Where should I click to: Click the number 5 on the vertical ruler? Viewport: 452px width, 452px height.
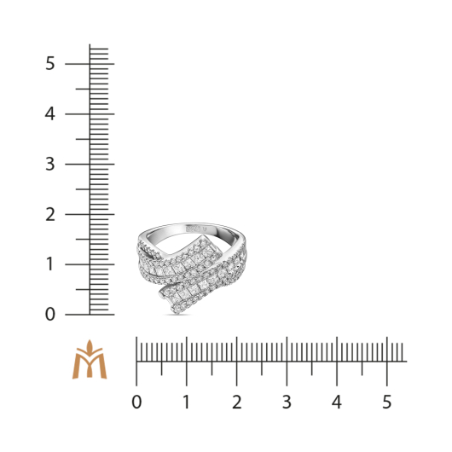(49, 63)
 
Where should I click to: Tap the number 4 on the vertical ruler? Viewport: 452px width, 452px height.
(49, 114)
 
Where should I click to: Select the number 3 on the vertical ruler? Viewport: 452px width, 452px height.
(49, 165)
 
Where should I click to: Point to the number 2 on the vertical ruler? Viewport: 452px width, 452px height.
(49, 214)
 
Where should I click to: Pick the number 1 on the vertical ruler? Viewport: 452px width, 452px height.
(49, 264)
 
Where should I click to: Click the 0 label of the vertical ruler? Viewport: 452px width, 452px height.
(49, 315)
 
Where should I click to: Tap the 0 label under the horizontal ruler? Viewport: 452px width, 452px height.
(136, 402)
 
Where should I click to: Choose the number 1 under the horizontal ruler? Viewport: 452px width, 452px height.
(187, 402)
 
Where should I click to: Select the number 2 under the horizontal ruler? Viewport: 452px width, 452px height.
(237, 402)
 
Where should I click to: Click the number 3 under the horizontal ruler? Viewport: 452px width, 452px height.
(287, 402)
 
